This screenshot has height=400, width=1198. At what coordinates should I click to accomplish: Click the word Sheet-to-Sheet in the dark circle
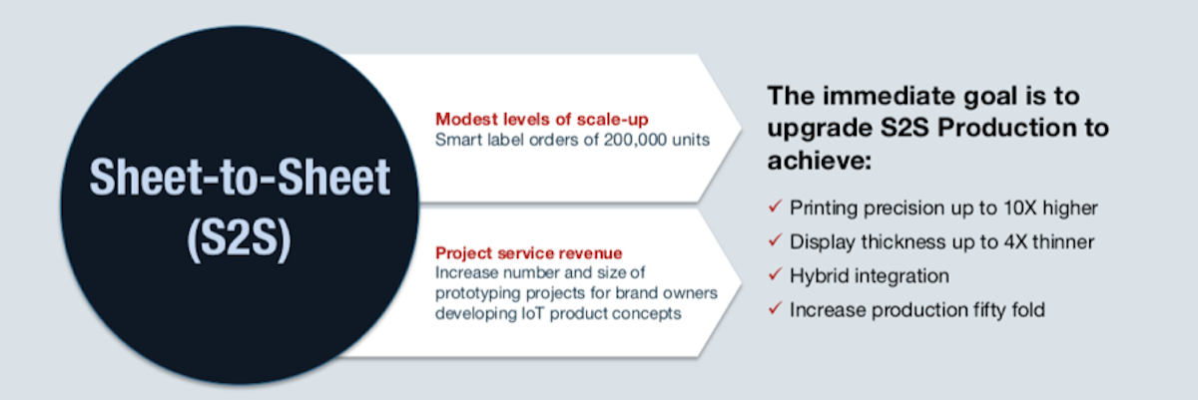coord(240,177)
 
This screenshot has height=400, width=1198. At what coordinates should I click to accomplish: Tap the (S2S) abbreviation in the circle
coord(239,238)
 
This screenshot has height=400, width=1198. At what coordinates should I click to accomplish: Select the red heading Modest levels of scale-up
coord(542,119)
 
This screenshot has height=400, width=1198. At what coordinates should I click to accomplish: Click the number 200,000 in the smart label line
coord(635,140)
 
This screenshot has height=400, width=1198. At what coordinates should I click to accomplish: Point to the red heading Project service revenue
coord(529,252)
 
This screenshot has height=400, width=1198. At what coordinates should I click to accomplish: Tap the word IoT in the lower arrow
coord(533,313)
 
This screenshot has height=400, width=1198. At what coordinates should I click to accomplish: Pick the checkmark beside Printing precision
coord(775,206)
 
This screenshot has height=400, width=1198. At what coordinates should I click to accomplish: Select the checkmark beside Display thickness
coord(775,240)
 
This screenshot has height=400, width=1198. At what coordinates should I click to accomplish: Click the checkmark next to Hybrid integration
coord(775,274)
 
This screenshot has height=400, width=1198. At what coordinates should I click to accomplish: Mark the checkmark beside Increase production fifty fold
coord(775,308)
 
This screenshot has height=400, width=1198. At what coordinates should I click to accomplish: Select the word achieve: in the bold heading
coord(820,161)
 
